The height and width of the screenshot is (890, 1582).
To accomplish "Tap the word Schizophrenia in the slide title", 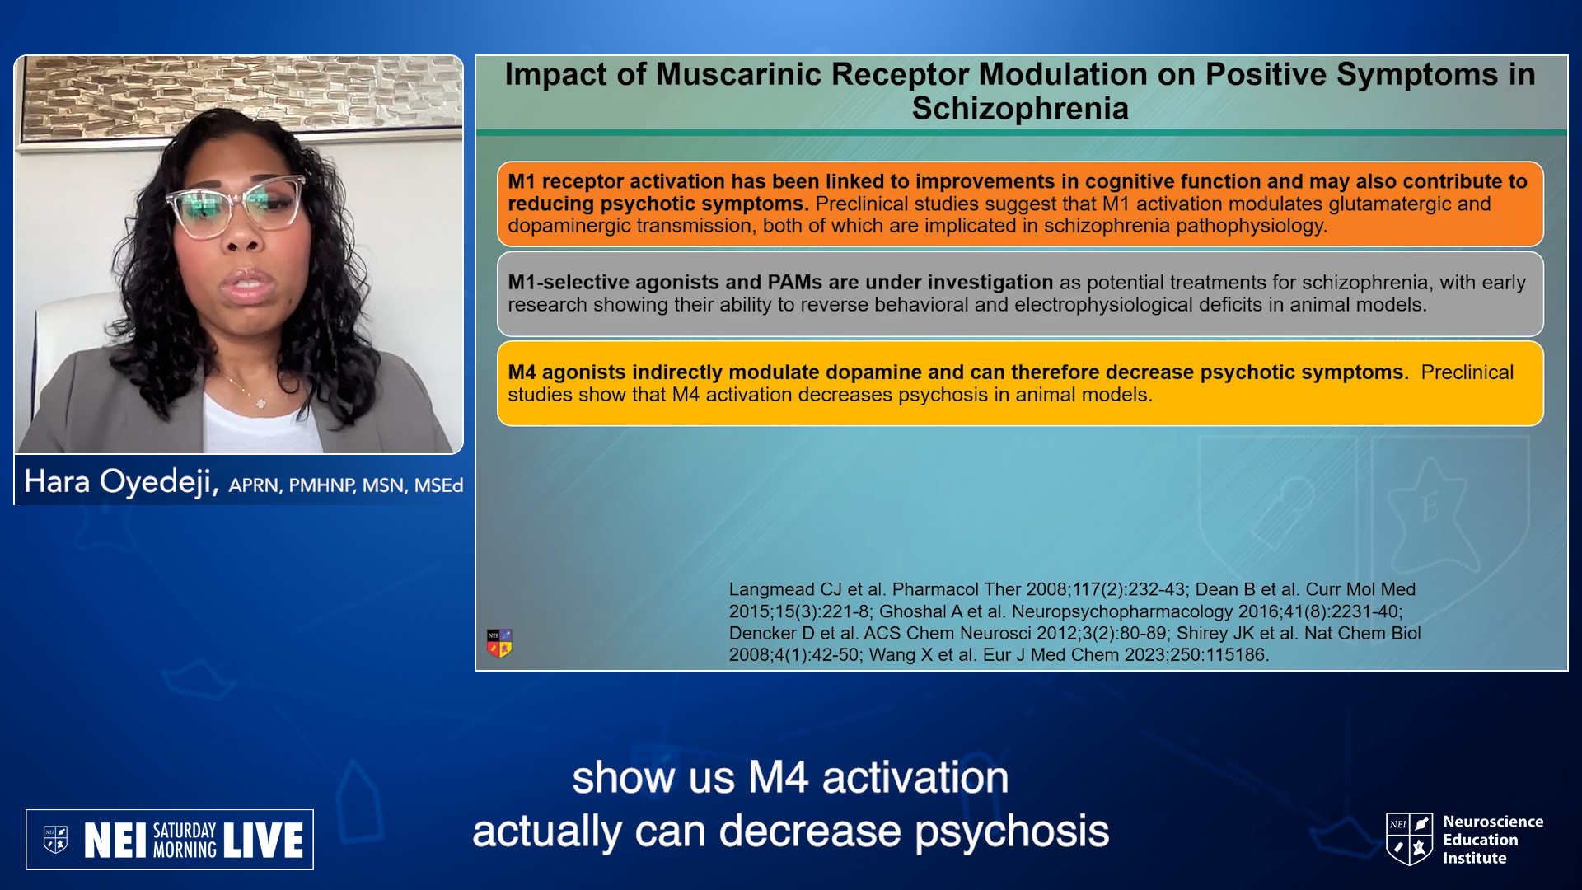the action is [x=1020, y=109].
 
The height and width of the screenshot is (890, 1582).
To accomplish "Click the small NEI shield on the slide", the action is [x=499, y=643].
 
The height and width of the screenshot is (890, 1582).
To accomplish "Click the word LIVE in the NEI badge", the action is [x=263, y=841].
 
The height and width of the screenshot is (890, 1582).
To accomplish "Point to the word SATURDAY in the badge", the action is [x=185, y=830].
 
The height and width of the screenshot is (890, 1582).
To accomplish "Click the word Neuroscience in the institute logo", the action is [x=1493, y=822].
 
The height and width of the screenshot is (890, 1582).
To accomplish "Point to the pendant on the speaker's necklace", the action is [x=260, y=403].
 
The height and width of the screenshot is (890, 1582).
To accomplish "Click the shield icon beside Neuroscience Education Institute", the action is [x=1409, y=839].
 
